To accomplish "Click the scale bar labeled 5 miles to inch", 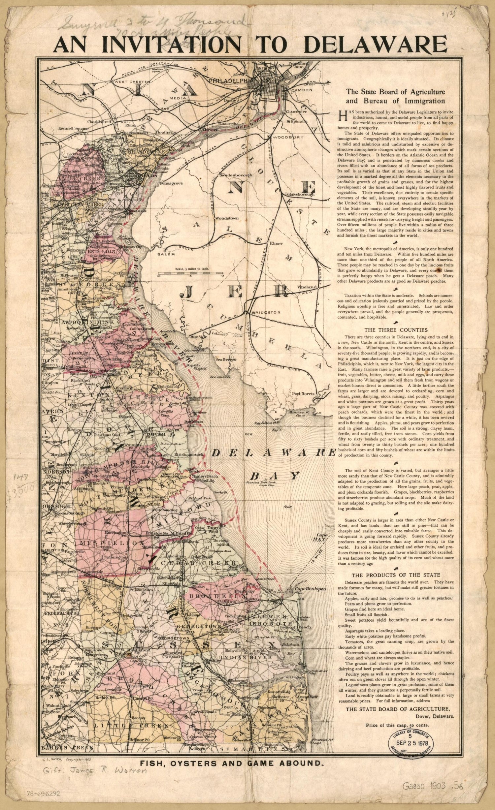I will click(x=190, y=273).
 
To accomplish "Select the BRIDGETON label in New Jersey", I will click(x=265, y=312).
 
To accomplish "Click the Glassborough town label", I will click(x=301, y=195).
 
